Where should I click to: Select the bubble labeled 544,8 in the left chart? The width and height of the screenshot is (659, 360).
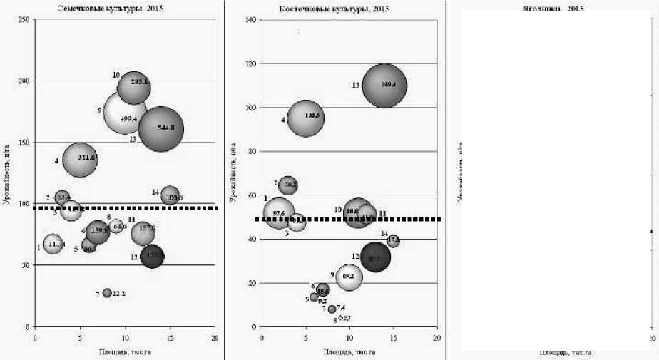pos(161,129)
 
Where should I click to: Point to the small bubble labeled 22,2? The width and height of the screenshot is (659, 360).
pos(107,293)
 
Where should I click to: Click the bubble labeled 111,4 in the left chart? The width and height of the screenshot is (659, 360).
pos(53,245)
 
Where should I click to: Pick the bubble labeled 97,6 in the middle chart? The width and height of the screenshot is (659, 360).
pos(278,212)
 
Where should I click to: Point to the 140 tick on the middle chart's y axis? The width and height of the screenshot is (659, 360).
pos(251,20)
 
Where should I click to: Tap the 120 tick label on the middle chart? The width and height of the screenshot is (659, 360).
pos(251,64)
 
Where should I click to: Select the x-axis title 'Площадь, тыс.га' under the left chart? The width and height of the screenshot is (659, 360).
pos(126,351)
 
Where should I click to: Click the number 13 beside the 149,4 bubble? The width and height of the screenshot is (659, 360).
pos(354,86)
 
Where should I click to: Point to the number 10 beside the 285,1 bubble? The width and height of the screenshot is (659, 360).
pos(116,75)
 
